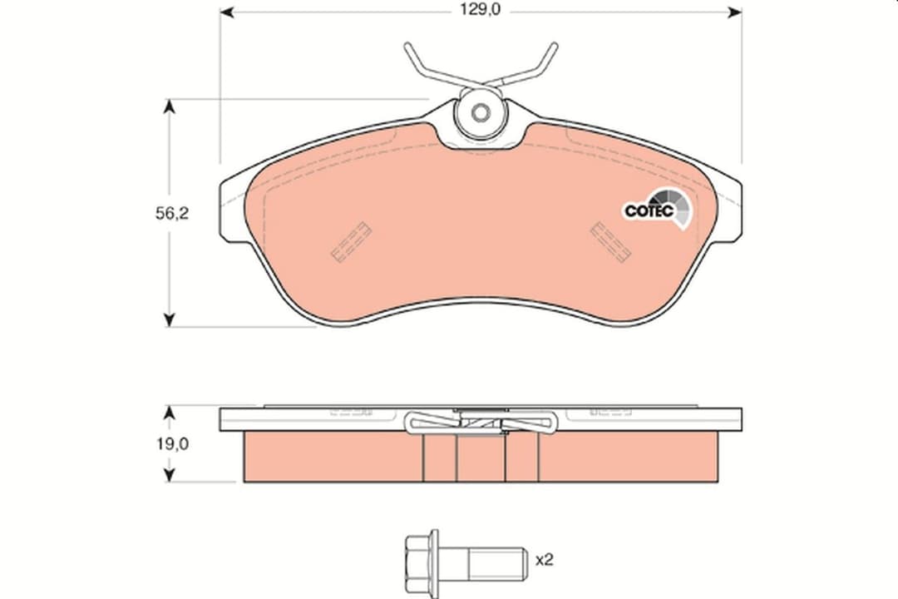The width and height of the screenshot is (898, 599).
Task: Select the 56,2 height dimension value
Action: [x=172, y=213]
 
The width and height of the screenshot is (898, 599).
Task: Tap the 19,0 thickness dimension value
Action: [x=172, y=444]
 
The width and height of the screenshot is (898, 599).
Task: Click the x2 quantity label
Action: [x=545, y=559]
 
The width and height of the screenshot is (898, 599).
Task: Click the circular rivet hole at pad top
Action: [x=481, y=114]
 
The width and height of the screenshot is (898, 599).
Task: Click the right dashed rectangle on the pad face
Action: [x=609, y=241]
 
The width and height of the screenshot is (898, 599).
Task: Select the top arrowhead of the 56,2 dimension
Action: [x=170, y=106]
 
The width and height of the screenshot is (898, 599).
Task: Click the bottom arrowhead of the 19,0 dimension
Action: [x=170, y=475]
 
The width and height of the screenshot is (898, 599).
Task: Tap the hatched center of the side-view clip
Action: [x=481, y=424]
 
